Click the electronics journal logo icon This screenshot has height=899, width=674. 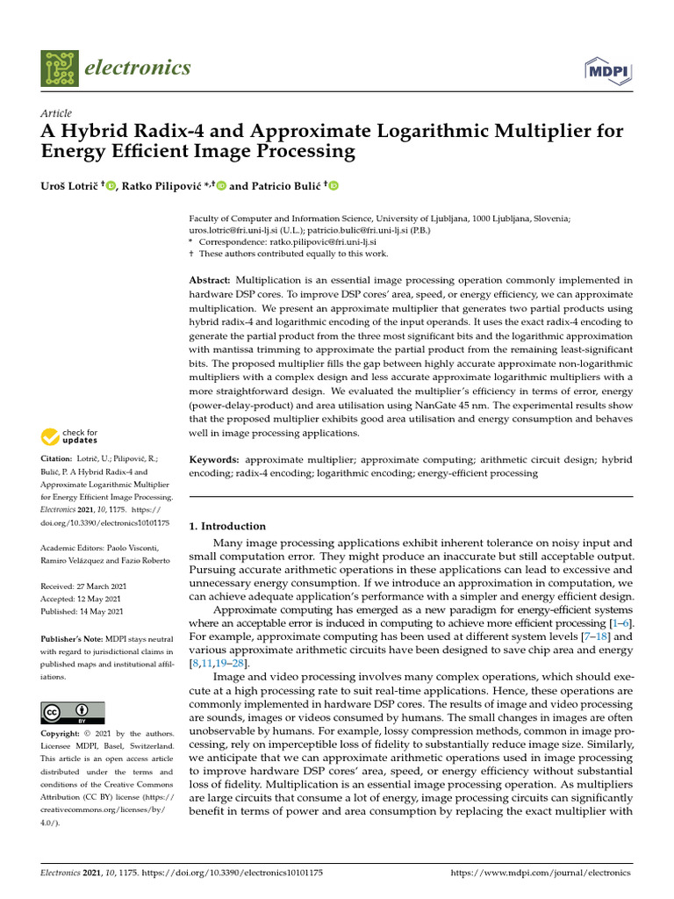pyautogui.click(x=59, y=68)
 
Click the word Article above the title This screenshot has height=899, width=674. pyautogui.click(x=56, y=113)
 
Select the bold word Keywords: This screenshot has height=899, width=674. pyautogui.click(x=214, y=459)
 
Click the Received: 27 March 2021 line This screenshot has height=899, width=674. pyautogui.click(x=81, y=586)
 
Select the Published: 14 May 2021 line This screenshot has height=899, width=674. pyautogui.click(x=82, y=611)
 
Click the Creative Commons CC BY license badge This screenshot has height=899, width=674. pyautogui.click(x=72, y=712)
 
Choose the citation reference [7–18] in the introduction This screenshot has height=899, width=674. pyautogui.click(x=593, y=636)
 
